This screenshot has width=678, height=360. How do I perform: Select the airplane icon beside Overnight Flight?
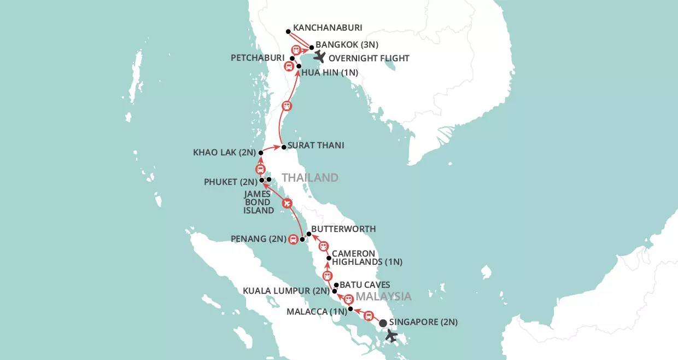[319, 56]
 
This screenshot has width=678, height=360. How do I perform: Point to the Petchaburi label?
[258, 57]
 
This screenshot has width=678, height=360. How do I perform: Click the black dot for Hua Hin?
[299, 66]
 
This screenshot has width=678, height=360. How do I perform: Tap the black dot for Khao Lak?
[261, 153]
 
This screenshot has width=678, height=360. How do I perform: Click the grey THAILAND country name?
[310, 177]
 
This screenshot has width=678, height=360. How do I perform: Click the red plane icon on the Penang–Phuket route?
[287, 204]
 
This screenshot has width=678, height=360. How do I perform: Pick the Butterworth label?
[344, 229]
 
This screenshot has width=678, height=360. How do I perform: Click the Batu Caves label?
[365, 284]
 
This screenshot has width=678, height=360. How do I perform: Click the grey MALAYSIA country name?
[383, 297]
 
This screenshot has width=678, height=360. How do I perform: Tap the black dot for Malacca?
[350, 309]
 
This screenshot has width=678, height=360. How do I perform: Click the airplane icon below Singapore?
[391, 335]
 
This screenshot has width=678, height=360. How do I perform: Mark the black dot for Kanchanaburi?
[289, 32]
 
